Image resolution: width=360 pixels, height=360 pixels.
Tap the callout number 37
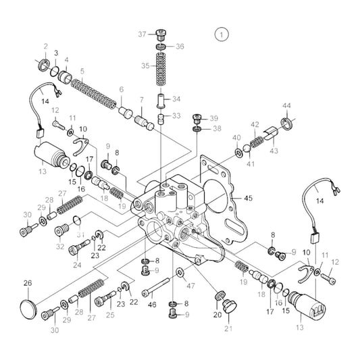coord(142,34)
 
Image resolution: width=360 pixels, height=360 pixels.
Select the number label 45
coord(248,198)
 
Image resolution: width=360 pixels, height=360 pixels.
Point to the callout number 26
coord(28,283)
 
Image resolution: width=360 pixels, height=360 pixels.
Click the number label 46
coord(153,305)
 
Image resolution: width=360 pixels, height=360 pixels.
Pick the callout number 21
coord(227,329)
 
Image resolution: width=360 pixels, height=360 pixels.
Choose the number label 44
coord(286,106)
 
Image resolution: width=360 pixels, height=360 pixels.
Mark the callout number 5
coord(82,70)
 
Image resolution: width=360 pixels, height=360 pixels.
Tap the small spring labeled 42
coord(257,142)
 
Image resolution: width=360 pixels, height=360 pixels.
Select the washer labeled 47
coord(180,272)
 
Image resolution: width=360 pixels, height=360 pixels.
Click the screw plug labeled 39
coord(198,118)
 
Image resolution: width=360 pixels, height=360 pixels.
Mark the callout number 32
coord(59,247)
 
